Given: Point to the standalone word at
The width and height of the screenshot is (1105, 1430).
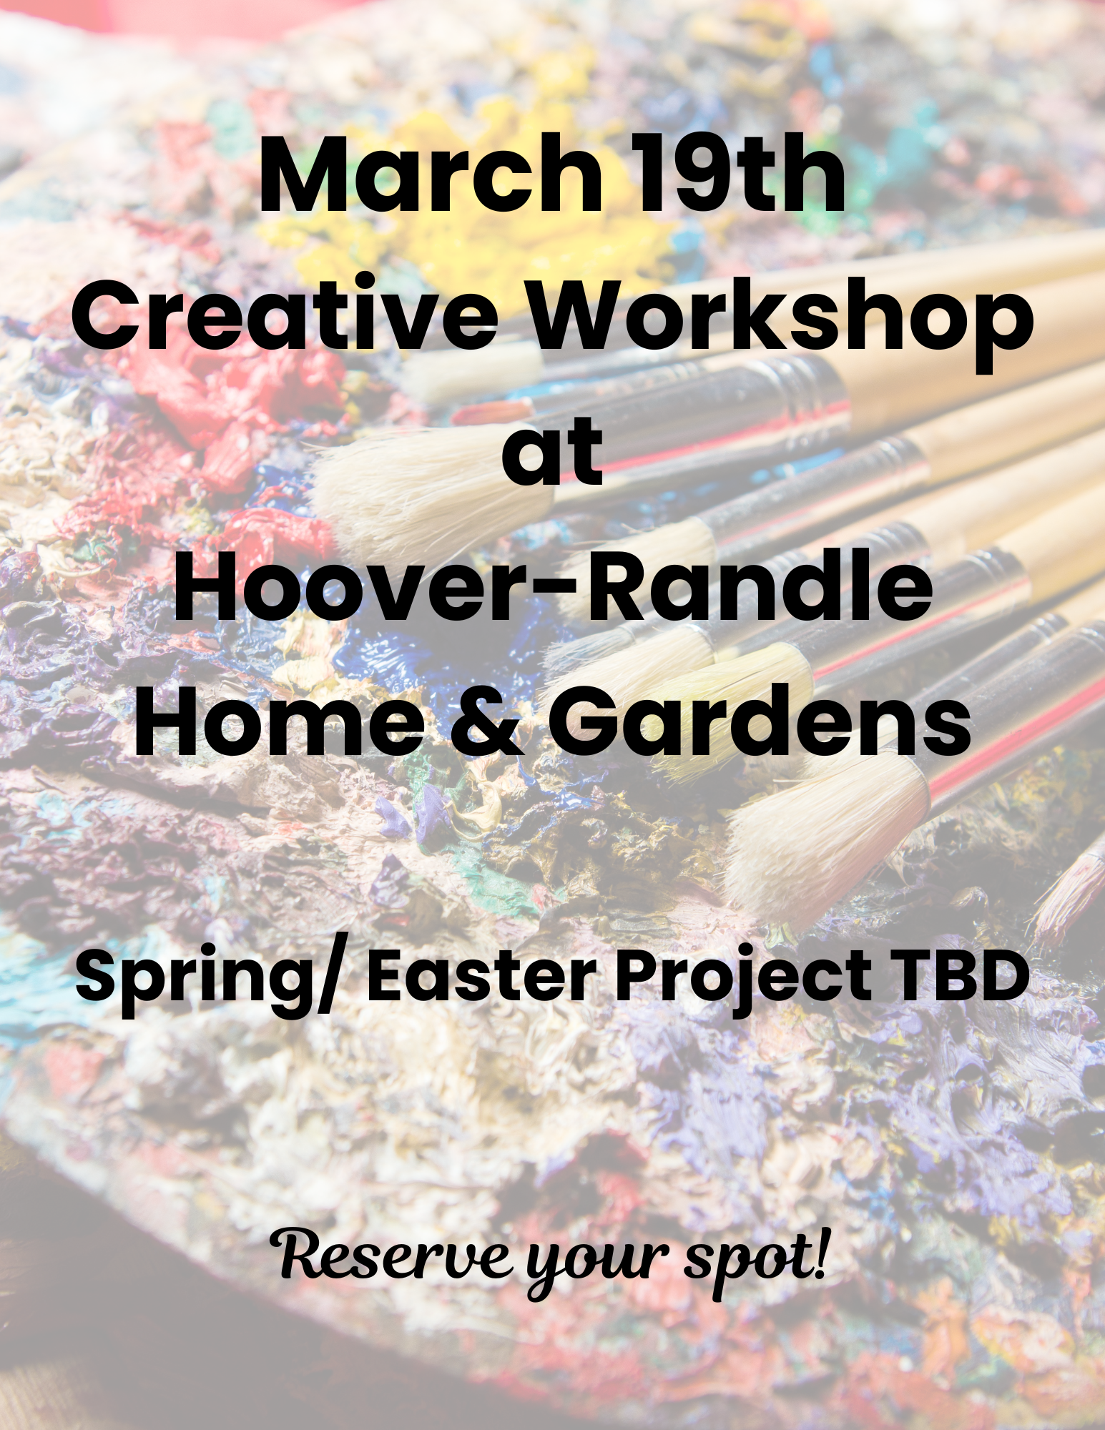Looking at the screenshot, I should [552, 452].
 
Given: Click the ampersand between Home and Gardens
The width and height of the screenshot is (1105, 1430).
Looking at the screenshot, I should [486, 722].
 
